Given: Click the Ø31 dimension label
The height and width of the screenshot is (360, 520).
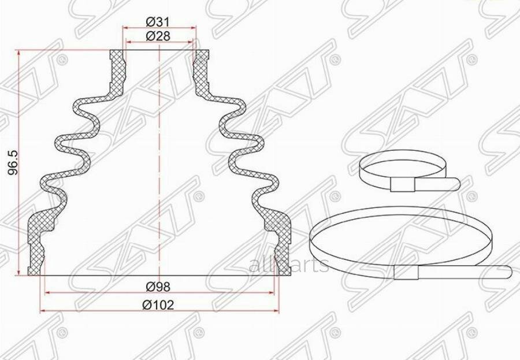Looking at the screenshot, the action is click(x=158, y=22).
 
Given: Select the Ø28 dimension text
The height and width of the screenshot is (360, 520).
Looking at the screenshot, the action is click(x=158, y=36).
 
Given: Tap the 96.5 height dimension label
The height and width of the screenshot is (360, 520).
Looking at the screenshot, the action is click(x=13, y=163).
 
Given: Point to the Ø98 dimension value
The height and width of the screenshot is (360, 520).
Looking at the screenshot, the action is click(x=158, y=286).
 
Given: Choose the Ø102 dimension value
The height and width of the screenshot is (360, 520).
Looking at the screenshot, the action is click(x=158, y=305).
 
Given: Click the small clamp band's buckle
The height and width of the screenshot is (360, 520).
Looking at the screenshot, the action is click(x=403, y=184).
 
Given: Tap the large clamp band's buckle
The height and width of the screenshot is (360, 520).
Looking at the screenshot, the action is click(x=406, y=272).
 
